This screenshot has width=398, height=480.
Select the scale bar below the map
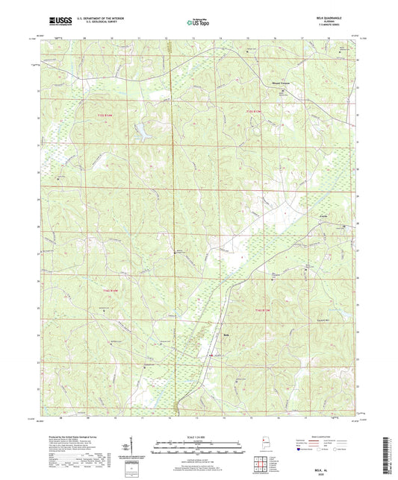(199, 449)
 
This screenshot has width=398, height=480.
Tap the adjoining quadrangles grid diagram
(263, 462)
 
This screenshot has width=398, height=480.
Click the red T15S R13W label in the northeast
(255, 112)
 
